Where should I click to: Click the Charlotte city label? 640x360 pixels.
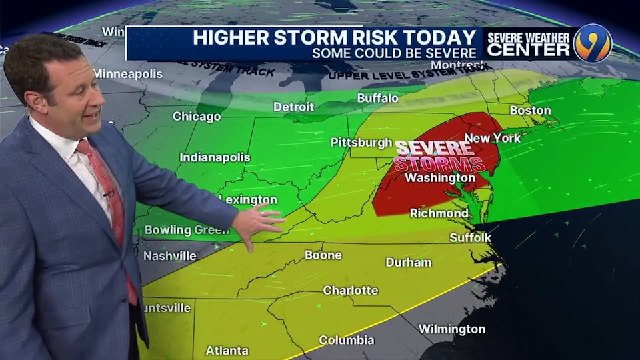350,291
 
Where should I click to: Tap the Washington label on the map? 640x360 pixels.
440,178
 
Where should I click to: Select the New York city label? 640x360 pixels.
492,138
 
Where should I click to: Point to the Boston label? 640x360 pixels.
530,110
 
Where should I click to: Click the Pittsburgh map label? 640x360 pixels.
361,142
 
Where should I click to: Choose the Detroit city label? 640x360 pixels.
293,107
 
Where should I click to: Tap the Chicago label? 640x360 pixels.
197,117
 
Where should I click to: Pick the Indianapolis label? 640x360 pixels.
215,158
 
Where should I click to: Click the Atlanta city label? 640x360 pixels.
227,350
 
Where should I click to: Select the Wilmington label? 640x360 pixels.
451,329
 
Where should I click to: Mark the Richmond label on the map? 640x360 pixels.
439,213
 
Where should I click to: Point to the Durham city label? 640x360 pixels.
408,262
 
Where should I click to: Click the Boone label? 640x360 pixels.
323,255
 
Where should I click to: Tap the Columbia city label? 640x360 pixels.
346,340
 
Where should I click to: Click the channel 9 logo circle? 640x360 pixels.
593,43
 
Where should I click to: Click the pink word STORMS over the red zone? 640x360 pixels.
438,163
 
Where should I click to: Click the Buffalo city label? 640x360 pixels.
377,98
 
